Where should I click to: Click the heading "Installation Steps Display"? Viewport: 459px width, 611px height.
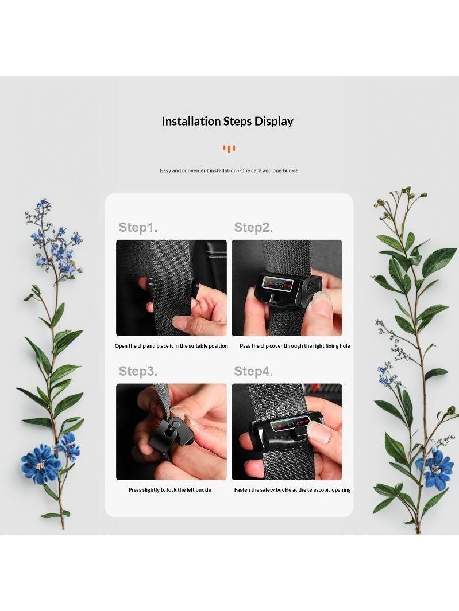227,122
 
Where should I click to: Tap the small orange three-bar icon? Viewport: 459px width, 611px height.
229,149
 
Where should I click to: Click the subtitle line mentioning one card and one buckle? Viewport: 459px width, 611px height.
229,170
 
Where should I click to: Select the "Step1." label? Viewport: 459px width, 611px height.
138,227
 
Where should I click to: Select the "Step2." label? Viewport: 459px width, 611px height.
253,227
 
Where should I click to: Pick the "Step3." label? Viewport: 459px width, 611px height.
138,371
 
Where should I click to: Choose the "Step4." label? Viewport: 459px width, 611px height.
253,371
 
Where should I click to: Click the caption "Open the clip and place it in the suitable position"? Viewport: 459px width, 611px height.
171,346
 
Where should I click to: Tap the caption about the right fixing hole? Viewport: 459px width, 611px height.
295,346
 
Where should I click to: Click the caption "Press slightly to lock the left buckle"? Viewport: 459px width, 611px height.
170,490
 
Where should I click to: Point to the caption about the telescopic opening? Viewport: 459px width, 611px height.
292,490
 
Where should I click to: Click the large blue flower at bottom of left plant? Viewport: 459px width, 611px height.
41,464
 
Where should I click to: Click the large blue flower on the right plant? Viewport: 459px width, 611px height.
434,469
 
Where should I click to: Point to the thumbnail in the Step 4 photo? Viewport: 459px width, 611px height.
318,432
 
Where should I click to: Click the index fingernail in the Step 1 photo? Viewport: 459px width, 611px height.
183,322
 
